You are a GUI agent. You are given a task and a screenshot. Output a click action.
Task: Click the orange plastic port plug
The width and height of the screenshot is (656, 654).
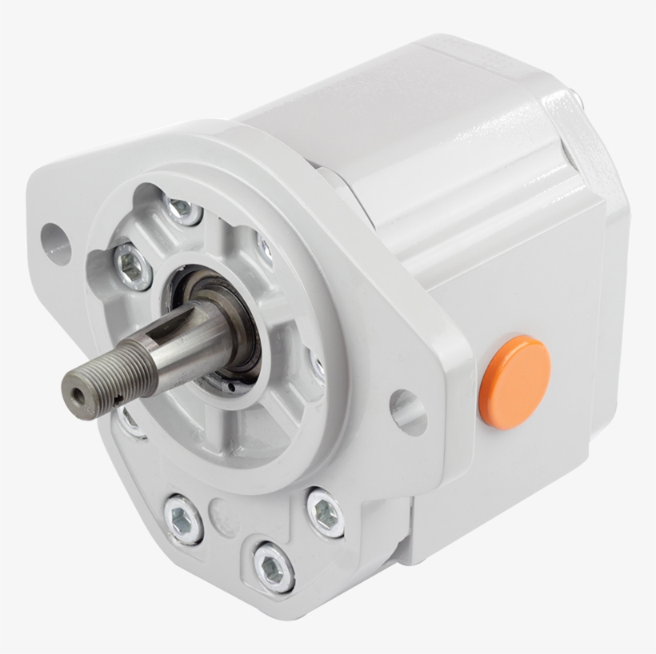click(514, 382)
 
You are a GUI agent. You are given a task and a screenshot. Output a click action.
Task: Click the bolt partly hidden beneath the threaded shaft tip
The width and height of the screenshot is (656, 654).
click(130, 421)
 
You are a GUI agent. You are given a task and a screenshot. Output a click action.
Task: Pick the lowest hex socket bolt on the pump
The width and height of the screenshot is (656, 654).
click(273, 567)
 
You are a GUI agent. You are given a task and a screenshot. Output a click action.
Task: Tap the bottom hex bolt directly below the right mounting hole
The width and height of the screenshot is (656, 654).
click(326, 513)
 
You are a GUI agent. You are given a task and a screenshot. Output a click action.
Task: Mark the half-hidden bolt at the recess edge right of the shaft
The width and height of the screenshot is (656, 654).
click(318, 368)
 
